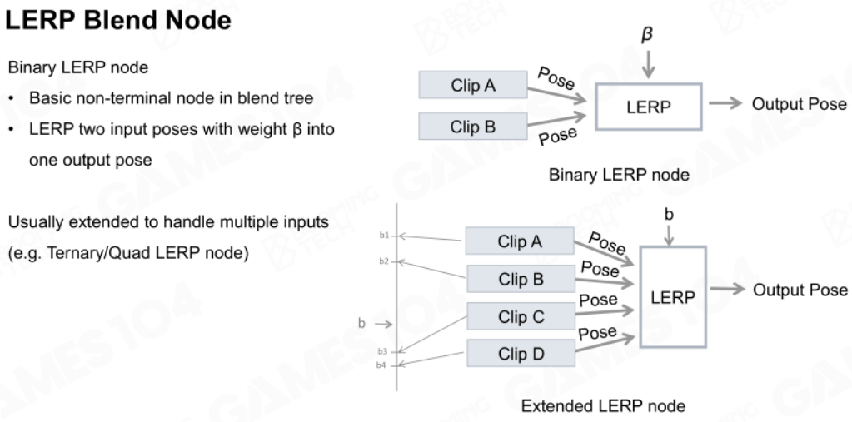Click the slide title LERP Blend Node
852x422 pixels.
[x=118, y=20]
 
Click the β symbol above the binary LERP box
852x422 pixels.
[x=646, y=34]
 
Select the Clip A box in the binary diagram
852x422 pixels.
[x=473, y=85]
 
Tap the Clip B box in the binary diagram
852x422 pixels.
[x=473, y=126]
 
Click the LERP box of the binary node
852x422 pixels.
[x=649, y=107]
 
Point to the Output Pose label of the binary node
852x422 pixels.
[x=799, y=104]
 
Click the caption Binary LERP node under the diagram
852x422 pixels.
[x=619, y=175]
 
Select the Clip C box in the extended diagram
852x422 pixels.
[x=521, y=316]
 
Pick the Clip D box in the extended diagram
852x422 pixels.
[x=521, y=354]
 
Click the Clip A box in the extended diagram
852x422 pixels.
[x=520, y=241]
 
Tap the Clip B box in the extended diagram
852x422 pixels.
[x=521, y=279]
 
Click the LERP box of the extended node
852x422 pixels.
[x=673, y=297]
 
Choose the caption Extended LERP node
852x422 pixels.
[x=603, y=405]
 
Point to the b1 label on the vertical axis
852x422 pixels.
[x=384, y=236]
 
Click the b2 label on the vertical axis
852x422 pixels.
[x=384, y=261]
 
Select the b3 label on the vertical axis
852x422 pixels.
[x=382, y=351]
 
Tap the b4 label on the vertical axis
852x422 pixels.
[x=381, y=365]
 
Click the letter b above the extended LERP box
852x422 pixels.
[x=669, y=215]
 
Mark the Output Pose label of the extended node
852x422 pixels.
[x=800, y=290]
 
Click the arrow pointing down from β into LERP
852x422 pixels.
[x=648, y=65]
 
